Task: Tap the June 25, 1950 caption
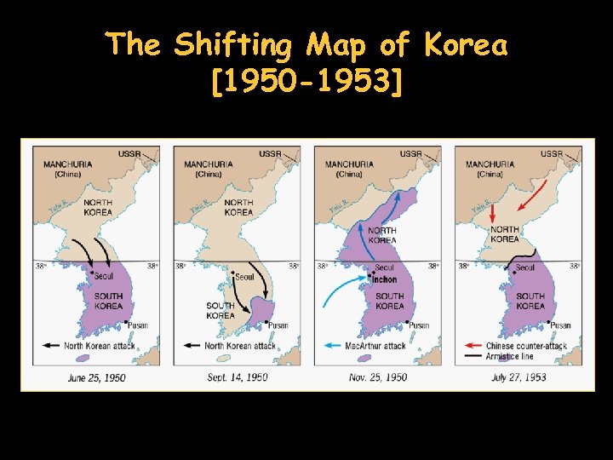95,377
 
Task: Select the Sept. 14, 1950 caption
238,377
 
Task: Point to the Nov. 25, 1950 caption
378,377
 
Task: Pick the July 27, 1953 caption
518,377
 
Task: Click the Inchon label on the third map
384,279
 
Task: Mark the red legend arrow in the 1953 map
473,346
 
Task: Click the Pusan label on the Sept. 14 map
278,325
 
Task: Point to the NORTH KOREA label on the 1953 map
505,234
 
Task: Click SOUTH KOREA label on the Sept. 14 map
221,310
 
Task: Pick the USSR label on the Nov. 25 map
411,154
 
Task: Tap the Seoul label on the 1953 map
525,267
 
